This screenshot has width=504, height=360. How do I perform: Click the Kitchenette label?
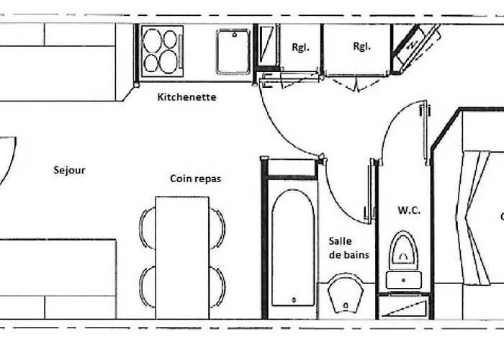coord(186,97)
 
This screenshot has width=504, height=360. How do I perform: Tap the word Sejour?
coord(70,171)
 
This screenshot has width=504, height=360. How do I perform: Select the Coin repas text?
coord(195,179)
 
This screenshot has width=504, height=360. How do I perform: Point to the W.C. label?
coord(408,210)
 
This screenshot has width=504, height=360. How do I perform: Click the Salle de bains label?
coord(348,248)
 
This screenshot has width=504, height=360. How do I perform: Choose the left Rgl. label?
coord(300,48)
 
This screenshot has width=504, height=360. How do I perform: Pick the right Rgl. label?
coord(361,47)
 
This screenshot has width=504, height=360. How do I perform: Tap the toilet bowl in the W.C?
coord(403,250)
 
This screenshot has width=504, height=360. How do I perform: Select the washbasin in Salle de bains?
coord(346,294)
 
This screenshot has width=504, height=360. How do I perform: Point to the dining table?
coord(182,257)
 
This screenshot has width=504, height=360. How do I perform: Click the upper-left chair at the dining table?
coord(148,228)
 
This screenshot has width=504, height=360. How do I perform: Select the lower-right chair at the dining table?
coord(217,286)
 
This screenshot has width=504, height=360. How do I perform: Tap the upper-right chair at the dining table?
coord(217,228)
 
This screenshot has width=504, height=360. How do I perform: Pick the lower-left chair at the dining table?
coord(148,286)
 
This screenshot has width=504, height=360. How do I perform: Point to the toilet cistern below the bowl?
coord(403,279)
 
